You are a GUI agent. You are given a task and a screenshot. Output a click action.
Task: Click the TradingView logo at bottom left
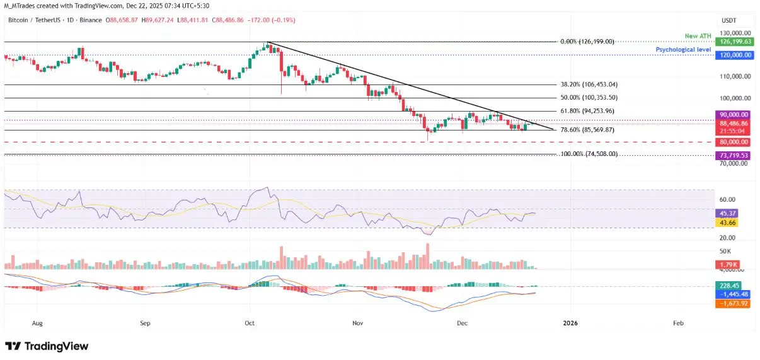pyautogui.click(x=47, y=346)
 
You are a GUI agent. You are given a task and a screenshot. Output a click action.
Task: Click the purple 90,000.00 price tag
pyautogui.click(x=734, y=114)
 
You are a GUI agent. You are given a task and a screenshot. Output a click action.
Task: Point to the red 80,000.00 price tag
pyautogui.click(x=734, y=142)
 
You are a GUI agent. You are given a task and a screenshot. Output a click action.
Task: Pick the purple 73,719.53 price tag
pyautogui.click(x=734, y=154)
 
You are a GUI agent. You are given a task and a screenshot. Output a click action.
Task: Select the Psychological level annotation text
pyautogui.click(x=683, y=49)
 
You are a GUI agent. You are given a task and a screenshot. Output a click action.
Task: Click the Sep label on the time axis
pyautogui.click(x=146, y=323)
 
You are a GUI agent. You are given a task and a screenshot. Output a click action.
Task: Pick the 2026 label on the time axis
pyautogui.click(x=570, y=323)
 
